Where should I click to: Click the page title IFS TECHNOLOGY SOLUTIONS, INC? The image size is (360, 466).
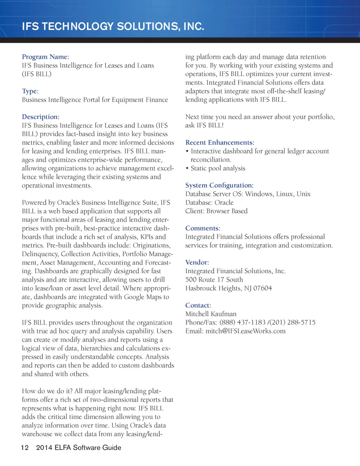coord(113,27)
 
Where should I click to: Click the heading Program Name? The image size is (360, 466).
coord(45,57)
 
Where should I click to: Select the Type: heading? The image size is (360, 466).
coord(30,91)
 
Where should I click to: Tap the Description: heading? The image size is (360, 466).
coord(40,117)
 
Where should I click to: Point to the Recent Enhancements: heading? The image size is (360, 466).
coord(219,143)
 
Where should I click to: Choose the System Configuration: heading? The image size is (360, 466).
coord(219,185)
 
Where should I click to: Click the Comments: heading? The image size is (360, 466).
coord(202,228)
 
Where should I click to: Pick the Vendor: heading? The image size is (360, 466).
coord(197,262)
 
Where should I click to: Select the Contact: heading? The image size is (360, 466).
coord(198,305)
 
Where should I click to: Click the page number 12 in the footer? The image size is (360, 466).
coord(25,448)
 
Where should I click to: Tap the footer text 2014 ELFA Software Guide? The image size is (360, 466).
coord(78,448)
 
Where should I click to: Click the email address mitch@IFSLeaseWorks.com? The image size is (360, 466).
coord(245,331)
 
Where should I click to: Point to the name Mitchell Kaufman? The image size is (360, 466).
coord(211,314)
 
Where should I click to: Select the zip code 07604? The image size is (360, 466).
coord(262,288)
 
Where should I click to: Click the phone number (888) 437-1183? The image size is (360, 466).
coord(242,322)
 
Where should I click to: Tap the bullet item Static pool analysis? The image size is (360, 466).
coord(218,168)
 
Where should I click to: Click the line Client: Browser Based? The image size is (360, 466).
coord(216,211)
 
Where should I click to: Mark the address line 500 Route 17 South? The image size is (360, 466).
coord(214,280)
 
